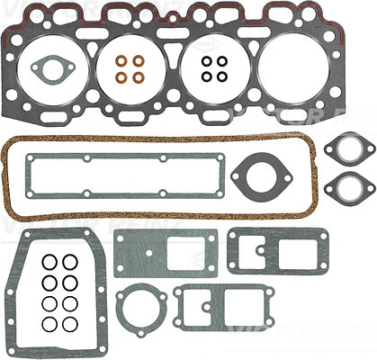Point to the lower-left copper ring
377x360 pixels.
tap(123, 77)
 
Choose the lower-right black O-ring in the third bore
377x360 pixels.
tap(220, 77)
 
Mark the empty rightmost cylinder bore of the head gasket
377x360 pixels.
tap(294, 70)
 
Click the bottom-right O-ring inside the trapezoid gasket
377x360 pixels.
tap(70, 322)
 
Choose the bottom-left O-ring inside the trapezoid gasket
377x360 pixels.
tap(51, 322)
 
